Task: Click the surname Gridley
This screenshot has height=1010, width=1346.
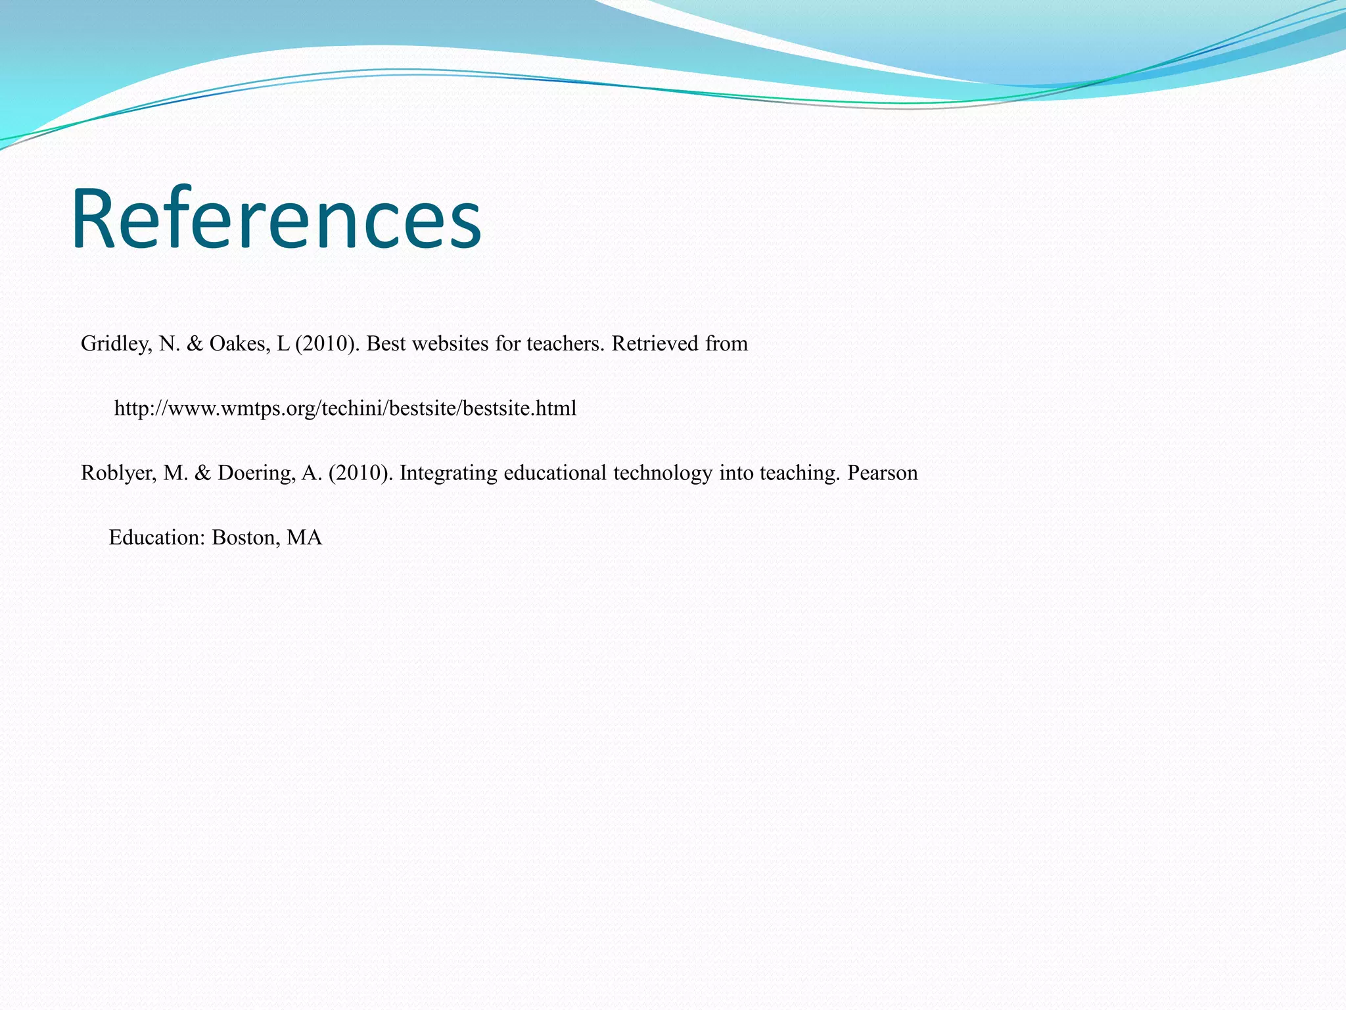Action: tap(116, 344)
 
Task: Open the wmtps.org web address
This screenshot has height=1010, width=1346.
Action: tap(345, 408)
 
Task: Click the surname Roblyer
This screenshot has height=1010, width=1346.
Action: tap(118, 473)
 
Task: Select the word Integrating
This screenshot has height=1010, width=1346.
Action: tap(448, 473)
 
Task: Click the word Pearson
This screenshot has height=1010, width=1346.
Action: tap(882, 473)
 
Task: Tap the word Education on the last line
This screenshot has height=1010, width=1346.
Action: tap(157, 538)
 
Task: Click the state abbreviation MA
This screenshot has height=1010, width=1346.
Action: tap(304, 538)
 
